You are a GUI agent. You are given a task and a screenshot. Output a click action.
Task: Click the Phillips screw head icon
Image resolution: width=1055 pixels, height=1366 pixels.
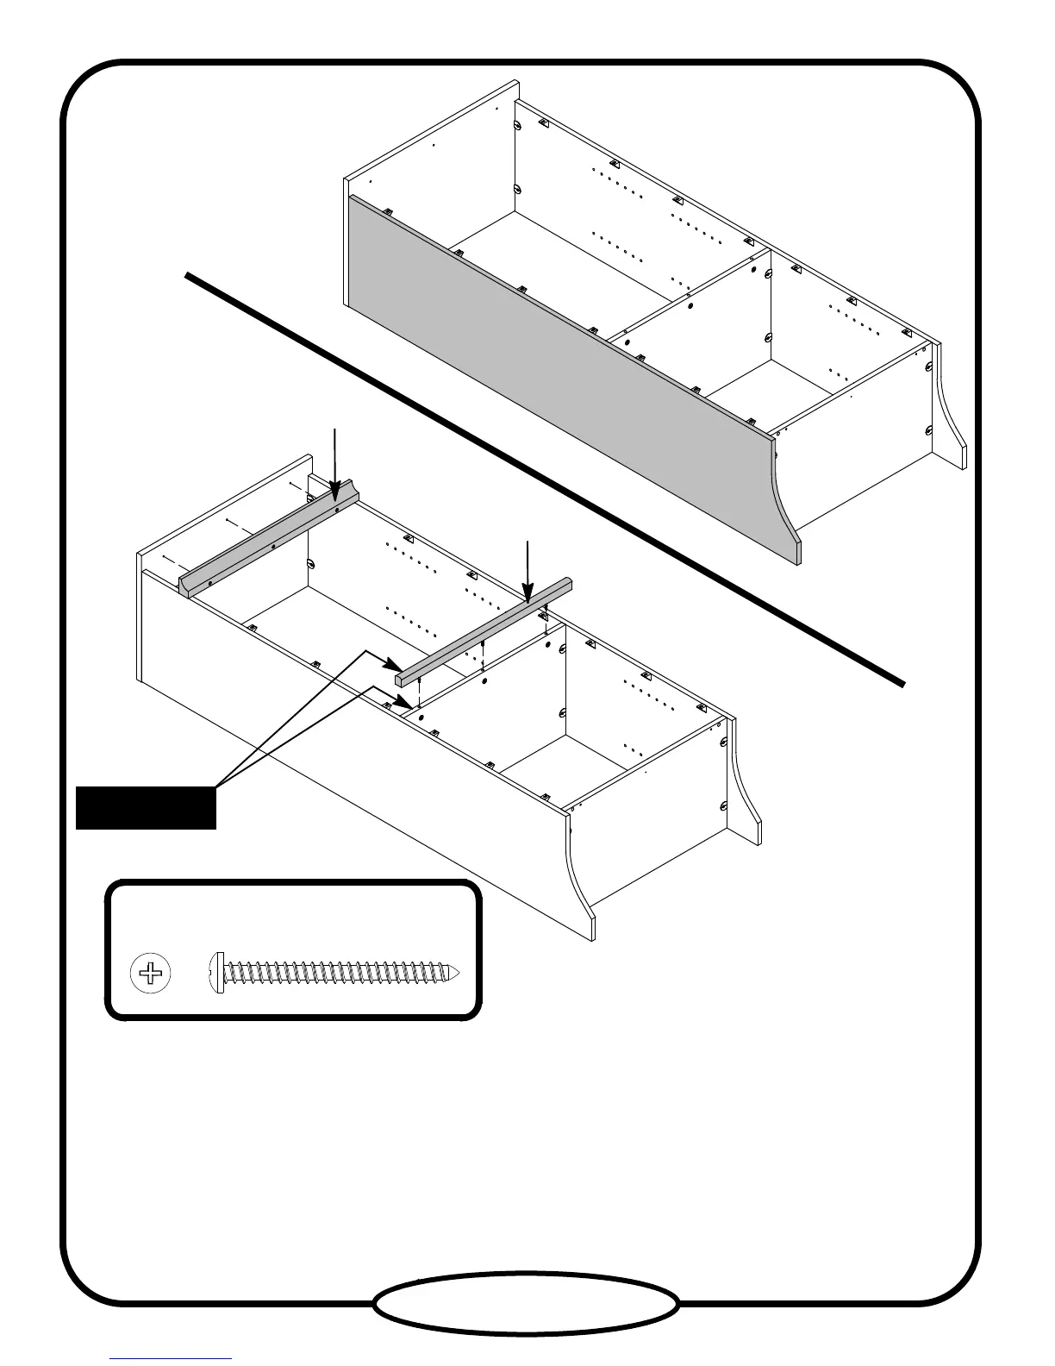[150, 975]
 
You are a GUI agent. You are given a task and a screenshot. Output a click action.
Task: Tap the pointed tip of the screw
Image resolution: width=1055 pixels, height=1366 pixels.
[466, 975]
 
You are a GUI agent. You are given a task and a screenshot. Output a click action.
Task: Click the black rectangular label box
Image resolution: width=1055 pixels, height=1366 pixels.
[146, 807]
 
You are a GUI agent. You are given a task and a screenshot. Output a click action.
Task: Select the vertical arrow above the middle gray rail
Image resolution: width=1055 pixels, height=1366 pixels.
[527, 569]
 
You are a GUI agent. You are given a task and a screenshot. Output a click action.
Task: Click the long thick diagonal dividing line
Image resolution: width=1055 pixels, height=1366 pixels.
[543, 479]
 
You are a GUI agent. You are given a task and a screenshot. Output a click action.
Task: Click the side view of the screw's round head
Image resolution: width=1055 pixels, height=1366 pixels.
[217, 975]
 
